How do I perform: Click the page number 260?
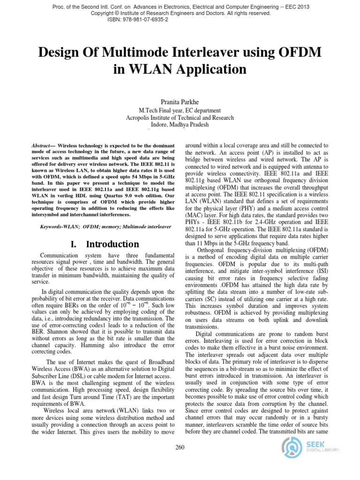[180, 448]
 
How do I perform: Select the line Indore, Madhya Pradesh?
[180, 125]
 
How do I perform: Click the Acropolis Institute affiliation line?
[180, 118]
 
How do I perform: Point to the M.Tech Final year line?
[180, 110]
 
